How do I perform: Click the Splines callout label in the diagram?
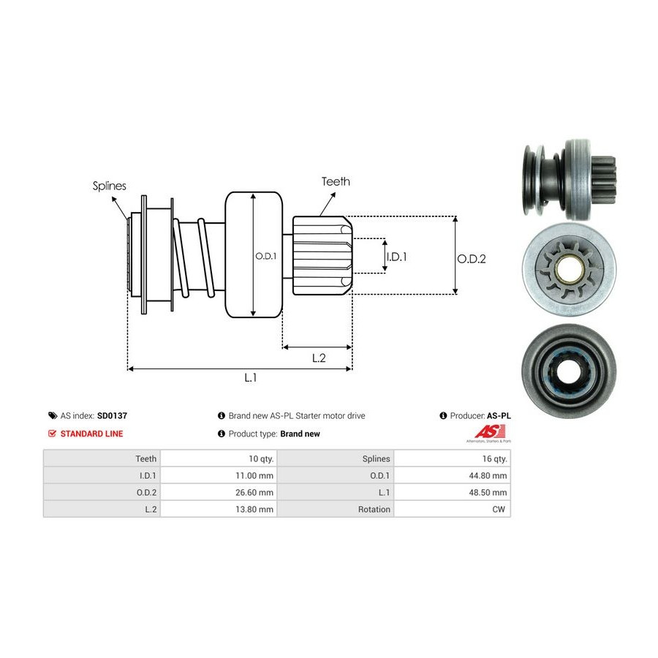pyautogui.click(x=110, y=186)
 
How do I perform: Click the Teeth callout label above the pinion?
pyautogui.click(x=336, y=181)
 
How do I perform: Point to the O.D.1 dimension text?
pyautogui.click(x=265, y=256)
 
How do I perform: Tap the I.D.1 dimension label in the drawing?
pyautogui.click(x=396, y=257)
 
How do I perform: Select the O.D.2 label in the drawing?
pyautogui.click(x=472, y=258)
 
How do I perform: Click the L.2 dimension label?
pyautogui.click(x=319, y=358)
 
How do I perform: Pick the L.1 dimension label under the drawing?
pyautogui.click(x=250, y=377)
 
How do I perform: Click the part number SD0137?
pyautogui.click(x=112, y=415)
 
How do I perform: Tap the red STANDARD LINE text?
pyautogui.click(x=91, y=434)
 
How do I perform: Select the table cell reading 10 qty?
pyautogui.click(x=261, y=458)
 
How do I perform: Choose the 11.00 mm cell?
pyautogui.click(x=255, y=475)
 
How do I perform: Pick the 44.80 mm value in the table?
pyautogui.click(x=489, y=475)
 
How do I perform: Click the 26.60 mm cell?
pyautogui.click(x=255, y=492)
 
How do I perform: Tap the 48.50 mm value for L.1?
pyautogui.click(x=489, y=492)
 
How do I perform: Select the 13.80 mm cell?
pyautogui.click(x=255, y=509)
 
